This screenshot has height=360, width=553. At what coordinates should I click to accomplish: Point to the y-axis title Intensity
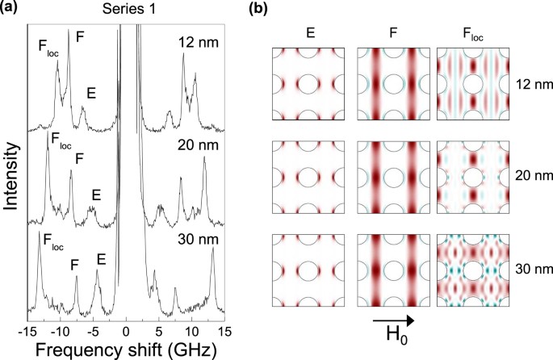[x=12, y=175]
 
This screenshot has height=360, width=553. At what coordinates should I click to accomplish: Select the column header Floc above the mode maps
[x=467, y=35]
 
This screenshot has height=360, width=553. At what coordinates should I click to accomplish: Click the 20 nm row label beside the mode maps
[x=529, y=174]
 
